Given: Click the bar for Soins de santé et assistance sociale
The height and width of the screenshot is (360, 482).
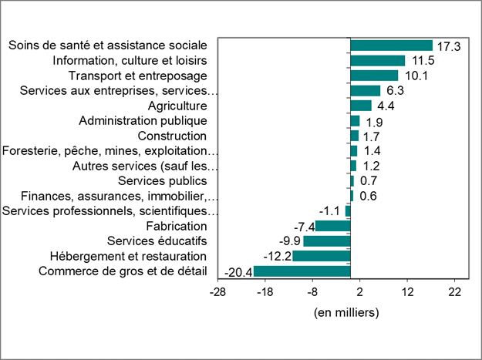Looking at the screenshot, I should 391,45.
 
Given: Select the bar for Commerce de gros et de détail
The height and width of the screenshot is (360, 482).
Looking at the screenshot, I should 302,271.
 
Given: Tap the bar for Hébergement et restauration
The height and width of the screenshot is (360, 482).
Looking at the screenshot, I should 321,256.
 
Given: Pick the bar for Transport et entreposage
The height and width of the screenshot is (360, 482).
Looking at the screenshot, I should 374,76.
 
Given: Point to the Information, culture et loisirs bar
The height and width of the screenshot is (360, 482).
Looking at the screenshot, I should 377,60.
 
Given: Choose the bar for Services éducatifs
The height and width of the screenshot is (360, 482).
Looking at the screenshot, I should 326,241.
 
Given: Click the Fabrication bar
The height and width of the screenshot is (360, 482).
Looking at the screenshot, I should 332,226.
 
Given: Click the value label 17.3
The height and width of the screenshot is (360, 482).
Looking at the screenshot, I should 447,46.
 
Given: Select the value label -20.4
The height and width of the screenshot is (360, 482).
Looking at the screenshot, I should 238,272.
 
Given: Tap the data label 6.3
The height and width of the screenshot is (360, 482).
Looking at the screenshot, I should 395,91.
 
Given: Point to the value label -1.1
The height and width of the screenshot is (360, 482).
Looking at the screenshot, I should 330,211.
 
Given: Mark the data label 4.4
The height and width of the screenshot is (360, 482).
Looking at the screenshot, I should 386,106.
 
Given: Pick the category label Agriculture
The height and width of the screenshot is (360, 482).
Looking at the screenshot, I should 177,106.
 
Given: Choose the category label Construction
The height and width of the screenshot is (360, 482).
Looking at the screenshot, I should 172,136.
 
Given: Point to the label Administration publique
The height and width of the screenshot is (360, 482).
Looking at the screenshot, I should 143,120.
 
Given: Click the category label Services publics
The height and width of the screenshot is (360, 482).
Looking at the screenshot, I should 163,180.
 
